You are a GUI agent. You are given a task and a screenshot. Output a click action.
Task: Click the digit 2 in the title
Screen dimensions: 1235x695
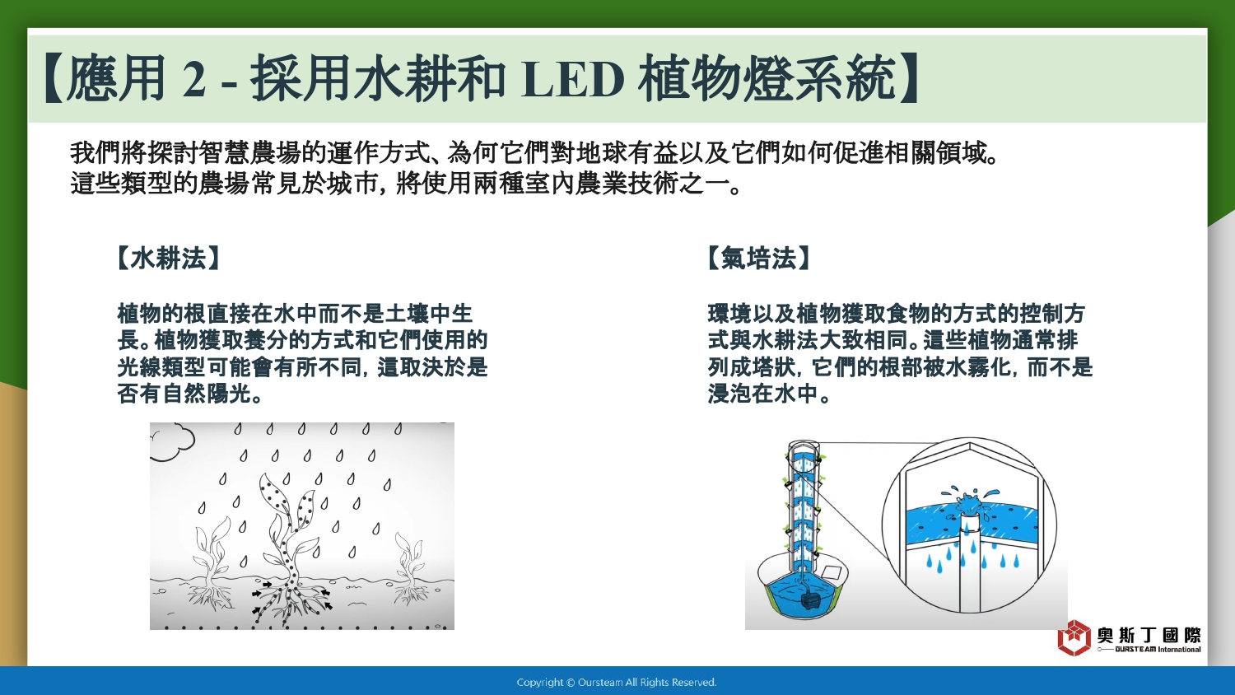point(193,80)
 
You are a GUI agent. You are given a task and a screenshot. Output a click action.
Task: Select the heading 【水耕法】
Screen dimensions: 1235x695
point(168,258)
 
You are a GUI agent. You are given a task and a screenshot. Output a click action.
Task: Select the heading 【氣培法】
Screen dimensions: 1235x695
point(758,258)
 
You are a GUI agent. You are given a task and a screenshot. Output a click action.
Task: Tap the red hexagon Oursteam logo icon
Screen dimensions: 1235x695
point(1074,637)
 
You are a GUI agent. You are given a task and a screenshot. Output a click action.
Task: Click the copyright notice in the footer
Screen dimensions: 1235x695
point(617,683)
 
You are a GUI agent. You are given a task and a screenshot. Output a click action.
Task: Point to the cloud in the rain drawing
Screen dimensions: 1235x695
point(172,441)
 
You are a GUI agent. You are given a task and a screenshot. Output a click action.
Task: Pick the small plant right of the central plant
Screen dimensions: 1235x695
point(409,568)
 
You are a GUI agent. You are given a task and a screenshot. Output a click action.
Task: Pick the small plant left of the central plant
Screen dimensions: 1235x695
point(211,560)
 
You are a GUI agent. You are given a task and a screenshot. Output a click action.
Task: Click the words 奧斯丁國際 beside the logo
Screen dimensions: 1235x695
point(1149,635)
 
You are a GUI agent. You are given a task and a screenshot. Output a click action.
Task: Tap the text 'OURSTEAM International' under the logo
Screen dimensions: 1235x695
point(1158,649)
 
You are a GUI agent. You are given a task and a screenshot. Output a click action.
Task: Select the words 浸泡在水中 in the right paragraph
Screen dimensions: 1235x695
point(763,394)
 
